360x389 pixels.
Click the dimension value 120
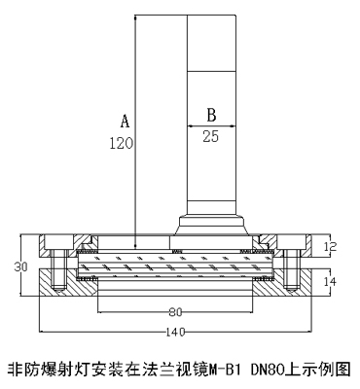tap(122, 143)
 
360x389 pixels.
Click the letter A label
tap(126, 121)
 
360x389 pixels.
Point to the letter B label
tap(211, 115)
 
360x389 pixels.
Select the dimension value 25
tap(211, 136)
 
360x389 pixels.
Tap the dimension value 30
tap(20, 266)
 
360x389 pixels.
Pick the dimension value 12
tap(330, 247)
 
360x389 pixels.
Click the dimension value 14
tap(330, 281)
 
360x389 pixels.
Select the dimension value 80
tap(175, 312)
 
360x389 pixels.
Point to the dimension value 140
tap(175, 332)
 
